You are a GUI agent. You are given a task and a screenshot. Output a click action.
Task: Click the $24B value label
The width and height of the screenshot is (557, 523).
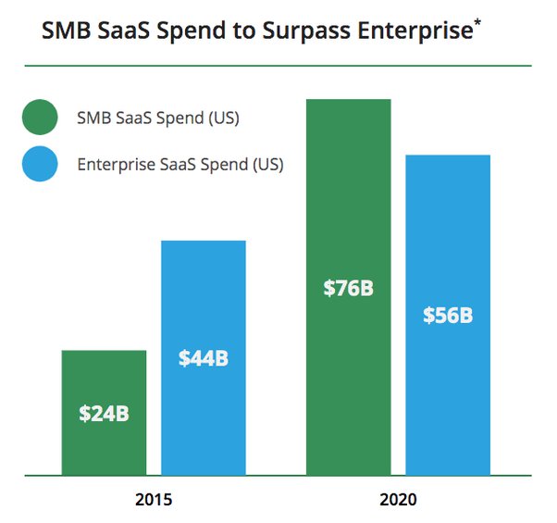pyautogui.click(x=104, y=413)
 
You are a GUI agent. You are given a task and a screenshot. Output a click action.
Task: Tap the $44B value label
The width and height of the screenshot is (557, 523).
pyautogui.click(x=204, y=358)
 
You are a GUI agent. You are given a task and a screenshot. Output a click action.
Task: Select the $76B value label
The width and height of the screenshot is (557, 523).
pyautogui.click(x=349, y=288)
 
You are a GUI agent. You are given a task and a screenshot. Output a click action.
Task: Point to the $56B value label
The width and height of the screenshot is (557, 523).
pyautogui.click(x=448, y=315)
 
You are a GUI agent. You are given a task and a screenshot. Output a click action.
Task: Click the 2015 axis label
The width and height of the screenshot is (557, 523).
pyautogui.click(x=154, y=501)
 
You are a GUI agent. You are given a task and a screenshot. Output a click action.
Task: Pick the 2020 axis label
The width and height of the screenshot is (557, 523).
pyautogui.click(x=398, y=501)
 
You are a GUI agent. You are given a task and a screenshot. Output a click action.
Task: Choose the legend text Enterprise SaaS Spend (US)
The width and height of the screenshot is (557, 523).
pyautogui.click(x=180, y=166)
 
